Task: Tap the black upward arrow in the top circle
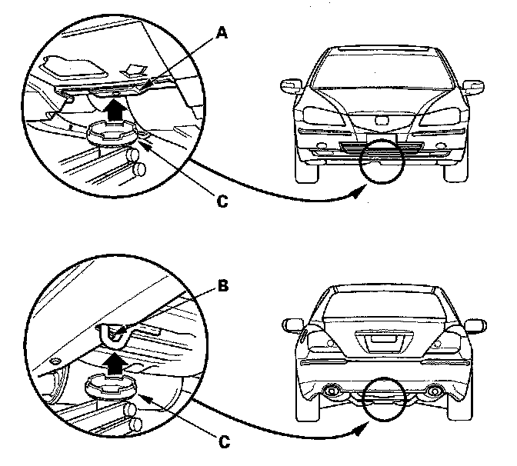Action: [115, 111]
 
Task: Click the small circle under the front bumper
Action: [382, 161]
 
